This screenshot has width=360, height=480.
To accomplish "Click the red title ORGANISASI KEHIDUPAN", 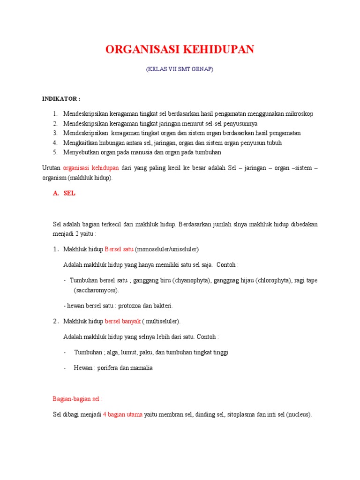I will pyautogui.click(x=180, y=50).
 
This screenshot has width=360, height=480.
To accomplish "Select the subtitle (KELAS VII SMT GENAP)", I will pyautogui.click(x=180, y=69).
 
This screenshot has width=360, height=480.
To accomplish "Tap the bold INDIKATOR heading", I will pyautogui.click(x=61, y=99).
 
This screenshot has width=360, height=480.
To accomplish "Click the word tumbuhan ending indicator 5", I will pyautogui.click(x=207, y=152).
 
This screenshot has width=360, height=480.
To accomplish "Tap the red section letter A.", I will pyautogui.click(x=55, y=194).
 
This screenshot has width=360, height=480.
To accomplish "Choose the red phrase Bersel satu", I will pyautogui.click(x=119, y=249).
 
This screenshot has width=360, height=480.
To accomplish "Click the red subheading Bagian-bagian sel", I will pyautogui.click(x=77, y=399).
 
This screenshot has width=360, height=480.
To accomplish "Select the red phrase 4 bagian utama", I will pyautogui.click(x=122, y=415).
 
